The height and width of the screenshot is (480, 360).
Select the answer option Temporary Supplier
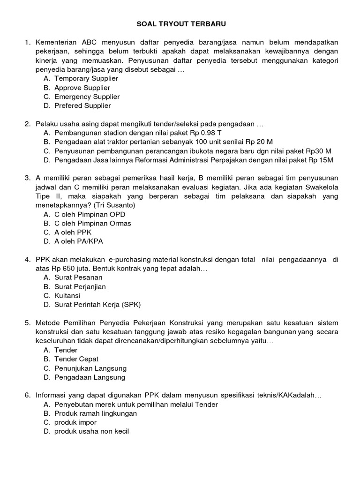coord(86,79)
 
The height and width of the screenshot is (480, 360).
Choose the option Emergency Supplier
coord(87,97)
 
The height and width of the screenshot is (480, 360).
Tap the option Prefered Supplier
coord(82,106)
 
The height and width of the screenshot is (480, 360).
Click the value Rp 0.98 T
coord(206,133)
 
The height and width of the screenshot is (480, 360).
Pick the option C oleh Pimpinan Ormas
coord(92,224)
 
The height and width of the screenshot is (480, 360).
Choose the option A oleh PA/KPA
coord(78,242)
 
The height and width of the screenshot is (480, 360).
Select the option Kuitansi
coord(67,296)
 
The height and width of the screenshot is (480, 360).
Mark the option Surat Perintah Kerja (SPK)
coord(97,305)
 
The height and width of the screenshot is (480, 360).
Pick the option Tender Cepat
coord(76,359)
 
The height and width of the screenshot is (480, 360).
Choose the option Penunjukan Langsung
coord(90,368)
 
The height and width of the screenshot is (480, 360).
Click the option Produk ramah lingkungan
coord(96,413)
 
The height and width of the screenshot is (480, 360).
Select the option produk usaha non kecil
coord(91,432)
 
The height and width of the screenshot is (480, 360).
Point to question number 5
coord(27,323)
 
